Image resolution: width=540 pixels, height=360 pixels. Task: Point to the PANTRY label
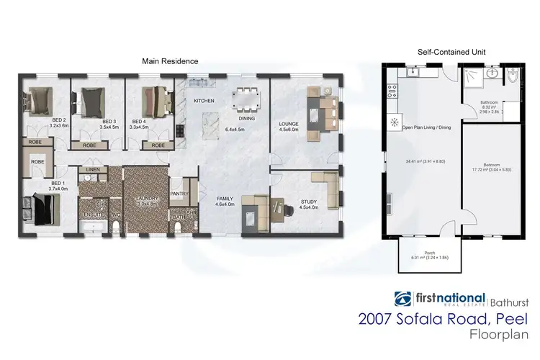[179, 193]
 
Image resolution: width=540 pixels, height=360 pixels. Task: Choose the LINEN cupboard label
[92, 170]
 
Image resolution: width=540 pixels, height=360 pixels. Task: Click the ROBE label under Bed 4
[155, 145]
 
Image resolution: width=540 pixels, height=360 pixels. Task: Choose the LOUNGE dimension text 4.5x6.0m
[289, 131]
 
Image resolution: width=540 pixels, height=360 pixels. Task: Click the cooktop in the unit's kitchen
[392, 91]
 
